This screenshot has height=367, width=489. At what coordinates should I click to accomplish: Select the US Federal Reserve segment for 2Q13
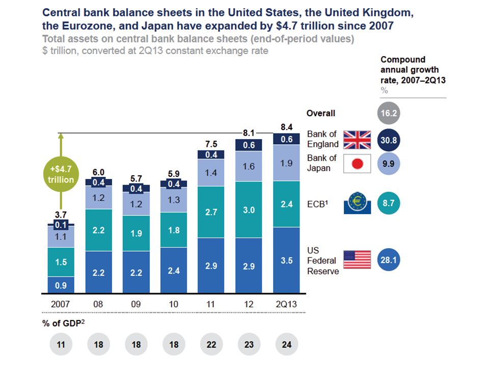point(287,260)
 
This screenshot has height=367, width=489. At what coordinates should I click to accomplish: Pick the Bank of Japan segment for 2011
point(211,173)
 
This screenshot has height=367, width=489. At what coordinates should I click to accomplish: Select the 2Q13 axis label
point(287,304)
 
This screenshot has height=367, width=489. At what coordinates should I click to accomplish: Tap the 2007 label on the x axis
point(61,304)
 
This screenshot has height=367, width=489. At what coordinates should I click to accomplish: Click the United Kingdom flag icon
point(357,139)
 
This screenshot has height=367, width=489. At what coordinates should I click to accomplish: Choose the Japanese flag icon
point(357,164)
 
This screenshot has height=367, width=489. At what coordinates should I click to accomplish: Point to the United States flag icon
point(357,260)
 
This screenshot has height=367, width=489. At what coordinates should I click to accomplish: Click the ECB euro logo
point(357,204)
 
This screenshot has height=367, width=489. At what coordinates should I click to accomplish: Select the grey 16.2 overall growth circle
point(389,114)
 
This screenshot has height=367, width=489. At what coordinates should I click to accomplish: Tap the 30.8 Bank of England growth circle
point(389,139)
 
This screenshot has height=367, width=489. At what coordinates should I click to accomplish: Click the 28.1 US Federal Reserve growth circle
point(389,260)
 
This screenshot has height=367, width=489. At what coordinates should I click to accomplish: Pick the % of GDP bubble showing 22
point(211,345)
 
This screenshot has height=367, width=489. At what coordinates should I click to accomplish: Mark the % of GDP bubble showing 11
point(61,345)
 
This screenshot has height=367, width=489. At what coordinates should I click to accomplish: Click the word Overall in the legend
point(321,114)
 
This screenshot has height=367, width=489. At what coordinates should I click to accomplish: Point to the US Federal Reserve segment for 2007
point(61,285)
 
